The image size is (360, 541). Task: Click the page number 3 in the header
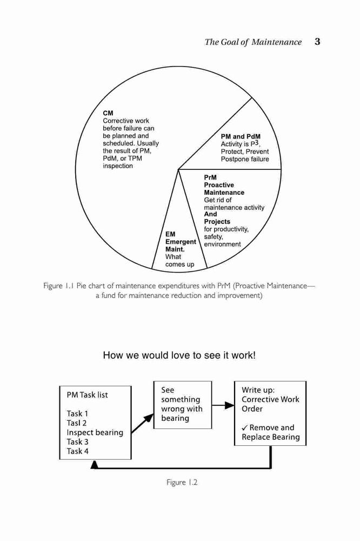point(317,42)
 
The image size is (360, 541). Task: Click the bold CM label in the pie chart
point(108,113)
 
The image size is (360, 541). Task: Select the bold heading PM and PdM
point(241,137)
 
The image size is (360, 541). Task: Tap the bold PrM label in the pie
point(210,177)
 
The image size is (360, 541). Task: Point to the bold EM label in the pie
point(170,234)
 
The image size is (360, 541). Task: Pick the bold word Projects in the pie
point(217,221)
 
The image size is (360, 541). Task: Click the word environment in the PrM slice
point(222,245)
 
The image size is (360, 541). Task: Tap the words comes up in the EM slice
point(179,265)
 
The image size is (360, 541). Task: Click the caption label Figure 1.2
point(182,483)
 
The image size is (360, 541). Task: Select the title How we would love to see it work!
point(179,355)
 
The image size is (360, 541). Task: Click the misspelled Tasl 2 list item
point(77,423)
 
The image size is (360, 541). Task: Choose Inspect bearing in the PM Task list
point(95,433)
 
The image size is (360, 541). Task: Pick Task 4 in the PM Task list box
point(78,451)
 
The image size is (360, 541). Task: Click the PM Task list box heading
point(87,395)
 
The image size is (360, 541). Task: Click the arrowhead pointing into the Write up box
point(230,405)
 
